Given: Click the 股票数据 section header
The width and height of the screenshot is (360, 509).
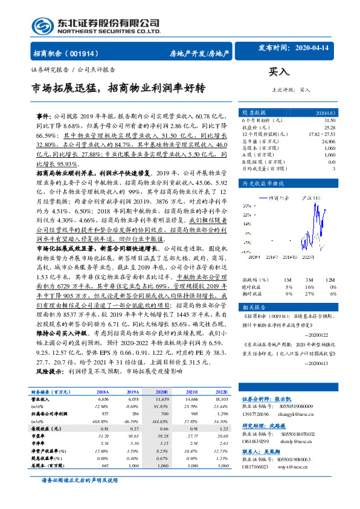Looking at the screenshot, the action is click(254, 112).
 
